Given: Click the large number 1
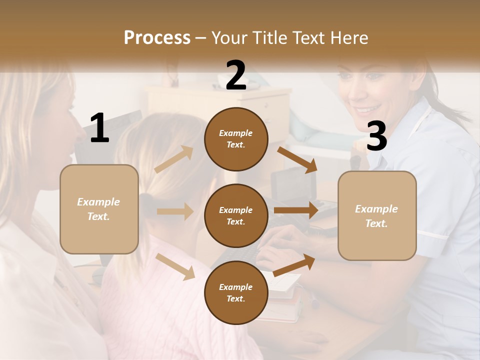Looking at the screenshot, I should coord(99,128).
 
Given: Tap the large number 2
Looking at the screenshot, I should coord(236,75).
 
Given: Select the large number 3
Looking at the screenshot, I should coord(376,136).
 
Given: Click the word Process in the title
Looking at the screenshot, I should coord(157,38).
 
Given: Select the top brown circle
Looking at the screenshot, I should coord(236,139).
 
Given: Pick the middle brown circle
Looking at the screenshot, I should coord(236,215).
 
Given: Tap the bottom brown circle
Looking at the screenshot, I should coord(236,292).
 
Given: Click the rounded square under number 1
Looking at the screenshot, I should coord(99,209).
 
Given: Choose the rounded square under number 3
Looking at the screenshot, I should coord(377,215).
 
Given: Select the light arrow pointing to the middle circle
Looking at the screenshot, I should coord(175,211).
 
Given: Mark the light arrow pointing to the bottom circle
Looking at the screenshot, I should coord(175,266).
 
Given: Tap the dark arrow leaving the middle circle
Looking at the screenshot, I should coord(296,210).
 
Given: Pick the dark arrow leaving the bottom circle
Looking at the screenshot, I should coord(294,264).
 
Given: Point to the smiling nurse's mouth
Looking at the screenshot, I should coord(367,108).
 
